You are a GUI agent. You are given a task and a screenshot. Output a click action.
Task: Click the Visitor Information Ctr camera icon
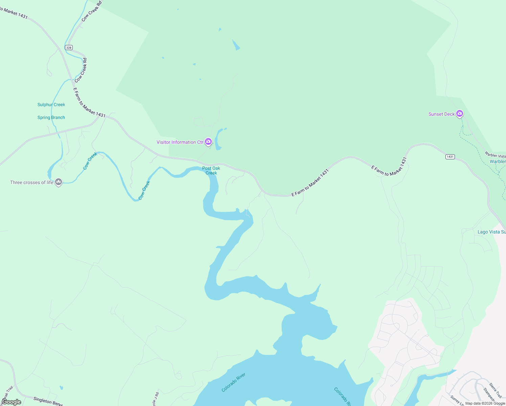tap(208, 141)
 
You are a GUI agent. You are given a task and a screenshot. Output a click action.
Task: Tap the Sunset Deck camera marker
tap(459, 113)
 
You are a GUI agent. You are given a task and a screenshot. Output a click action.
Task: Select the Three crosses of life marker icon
tap(59, 182)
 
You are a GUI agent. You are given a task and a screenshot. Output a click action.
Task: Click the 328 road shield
tap(69, 48)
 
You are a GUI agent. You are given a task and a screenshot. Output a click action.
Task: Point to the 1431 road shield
tap(450, 157)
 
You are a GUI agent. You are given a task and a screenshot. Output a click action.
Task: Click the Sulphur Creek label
tap(51, 105)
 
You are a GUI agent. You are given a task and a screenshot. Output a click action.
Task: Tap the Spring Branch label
tap(51, 117)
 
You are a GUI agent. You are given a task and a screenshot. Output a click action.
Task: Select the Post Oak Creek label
tap(211, 171)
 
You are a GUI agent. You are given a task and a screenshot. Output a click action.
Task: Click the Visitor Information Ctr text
tap(180, 142)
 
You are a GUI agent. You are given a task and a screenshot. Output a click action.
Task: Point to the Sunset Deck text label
tap(441, 114)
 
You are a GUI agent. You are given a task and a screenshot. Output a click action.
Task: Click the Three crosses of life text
tap(32, 182)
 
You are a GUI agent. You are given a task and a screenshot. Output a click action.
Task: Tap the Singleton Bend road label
tap(48, 401)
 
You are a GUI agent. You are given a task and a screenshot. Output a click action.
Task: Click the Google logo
tap(11, 402)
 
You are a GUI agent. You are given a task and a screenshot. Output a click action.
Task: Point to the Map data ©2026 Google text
tap(485, 403)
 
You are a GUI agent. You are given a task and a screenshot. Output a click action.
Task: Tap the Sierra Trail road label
tap(496, 390)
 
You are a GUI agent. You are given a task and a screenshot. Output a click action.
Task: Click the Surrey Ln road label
tap(457, 400)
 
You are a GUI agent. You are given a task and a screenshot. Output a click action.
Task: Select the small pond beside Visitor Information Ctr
tap(218, 139)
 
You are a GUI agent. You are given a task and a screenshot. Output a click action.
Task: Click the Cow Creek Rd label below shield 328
tap(81, 70)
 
